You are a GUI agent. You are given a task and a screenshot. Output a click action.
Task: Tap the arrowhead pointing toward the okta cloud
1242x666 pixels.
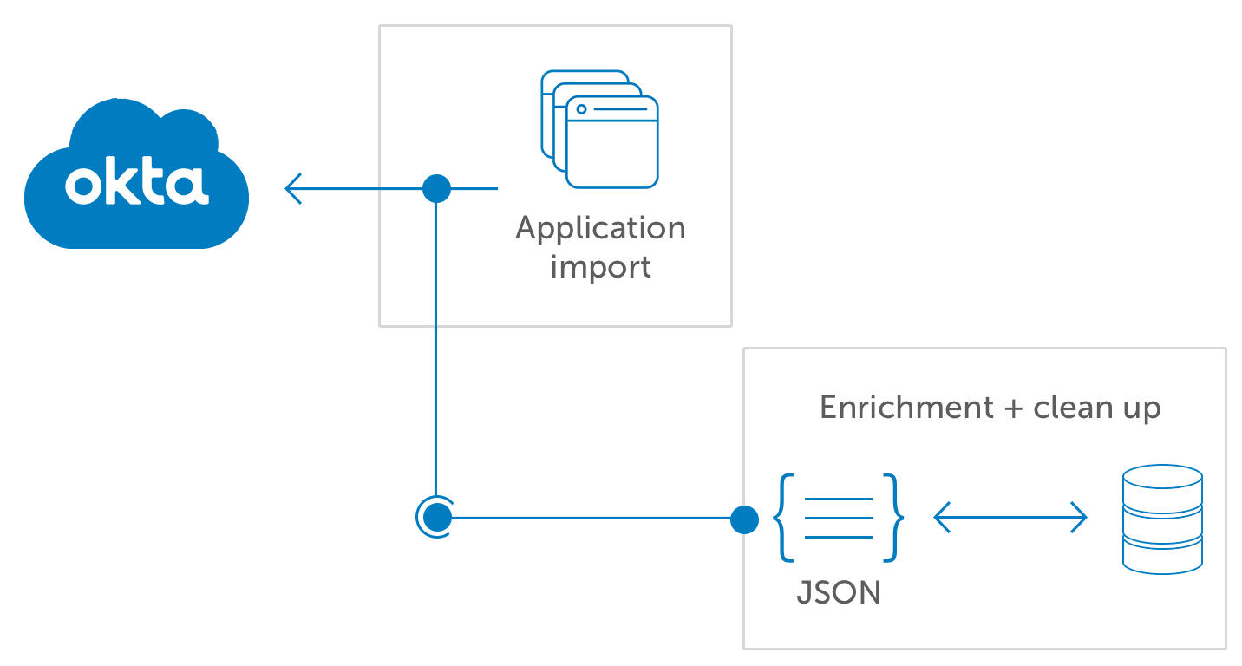point(293,188)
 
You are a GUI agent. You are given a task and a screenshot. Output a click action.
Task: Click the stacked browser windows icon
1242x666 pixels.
point(600,129)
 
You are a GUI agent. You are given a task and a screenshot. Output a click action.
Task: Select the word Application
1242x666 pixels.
point(600,229)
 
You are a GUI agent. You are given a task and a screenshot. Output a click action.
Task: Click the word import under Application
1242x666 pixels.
point(600,266)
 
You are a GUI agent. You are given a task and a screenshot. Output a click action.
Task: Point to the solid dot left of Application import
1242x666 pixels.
point(436,188)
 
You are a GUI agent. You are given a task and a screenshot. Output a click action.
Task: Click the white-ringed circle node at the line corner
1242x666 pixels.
point(435,518)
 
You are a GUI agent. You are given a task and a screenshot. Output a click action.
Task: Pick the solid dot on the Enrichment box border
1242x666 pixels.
point(744,519)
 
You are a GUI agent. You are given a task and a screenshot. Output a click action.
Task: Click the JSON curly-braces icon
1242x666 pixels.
point(838,518)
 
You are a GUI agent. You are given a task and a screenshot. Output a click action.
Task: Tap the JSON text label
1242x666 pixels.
point(839,592)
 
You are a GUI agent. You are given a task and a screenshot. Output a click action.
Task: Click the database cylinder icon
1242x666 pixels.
point(1162,519)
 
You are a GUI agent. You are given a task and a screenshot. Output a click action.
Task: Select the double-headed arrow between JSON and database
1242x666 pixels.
point(1010,519)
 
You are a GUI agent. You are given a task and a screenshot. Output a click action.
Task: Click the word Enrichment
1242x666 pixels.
point(906,408)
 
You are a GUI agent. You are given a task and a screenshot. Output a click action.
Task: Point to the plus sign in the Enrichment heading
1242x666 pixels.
point(1012,408)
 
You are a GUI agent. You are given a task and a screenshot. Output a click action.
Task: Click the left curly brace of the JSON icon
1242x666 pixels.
point(783,518)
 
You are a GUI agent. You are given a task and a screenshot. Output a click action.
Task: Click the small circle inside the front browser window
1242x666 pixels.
point(581,109)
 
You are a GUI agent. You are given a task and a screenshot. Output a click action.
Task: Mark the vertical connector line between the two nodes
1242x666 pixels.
point(435,347)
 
